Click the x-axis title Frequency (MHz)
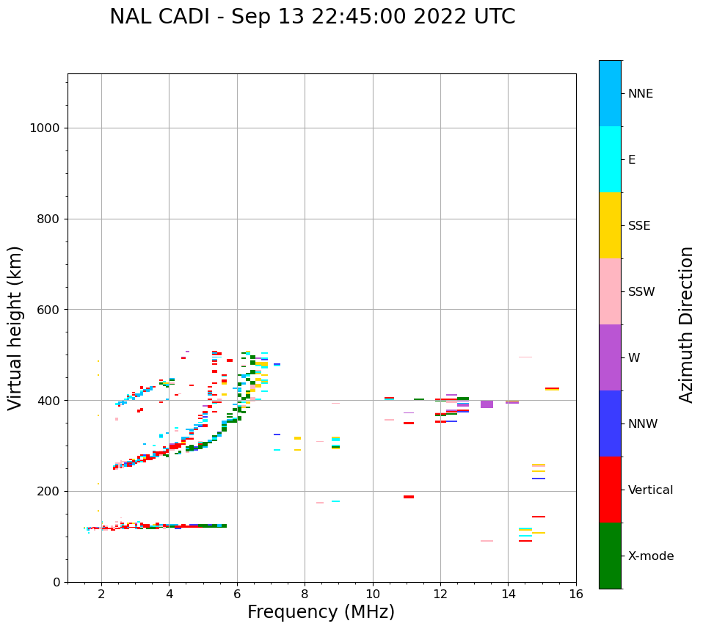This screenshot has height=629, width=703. [321, 612]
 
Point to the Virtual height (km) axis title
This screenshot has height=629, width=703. [15, 327]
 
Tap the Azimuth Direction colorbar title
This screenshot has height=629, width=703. [686, 324]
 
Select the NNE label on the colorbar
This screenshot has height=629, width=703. [640, 94]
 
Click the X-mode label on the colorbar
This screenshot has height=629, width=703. [650, 556]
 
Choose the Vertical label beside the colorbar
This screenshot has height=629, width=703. [650, 490]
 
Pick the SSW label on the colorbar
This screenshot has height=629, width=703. [641, 292]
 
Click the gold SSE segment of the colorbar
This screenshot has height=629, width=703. [610, 225]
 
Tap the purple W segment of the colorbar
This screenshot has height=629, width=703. [610, 357]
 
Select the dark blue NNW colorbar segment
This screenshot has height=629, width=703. [610, 423]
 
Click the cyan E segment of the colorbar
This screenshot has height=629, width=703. [610, 159]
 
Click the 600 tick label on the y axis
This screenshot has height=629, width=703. [48, 310]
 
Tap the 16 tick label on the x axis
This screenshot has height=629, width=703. [576, 594]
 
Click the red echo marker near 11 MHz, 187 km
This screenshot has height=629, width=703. [409, 497]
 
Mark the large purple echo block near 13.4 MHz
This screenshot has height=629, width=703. [487, 404]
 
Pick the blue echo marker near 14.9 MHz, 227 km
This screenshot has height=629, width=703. [539, 479]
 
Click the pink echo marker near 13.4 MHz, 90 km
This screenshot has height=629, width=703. [487, 541]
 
